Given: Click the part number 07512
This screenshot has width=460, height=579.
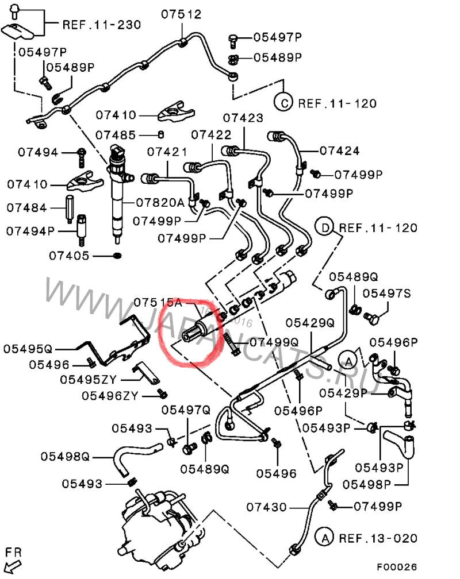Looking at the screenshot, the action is click(181, 14).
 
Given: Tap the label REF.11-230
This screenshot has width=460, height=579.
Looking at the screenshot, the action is click(102, 25).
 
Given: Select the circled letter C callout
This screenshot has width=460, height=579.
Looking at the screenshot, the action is click(283, 103).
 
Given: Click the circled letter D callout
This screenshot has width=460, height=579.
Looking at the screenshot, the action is click(325, 227).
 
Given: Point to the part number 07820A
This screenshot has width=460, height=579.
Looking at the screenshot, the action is click(160, 202).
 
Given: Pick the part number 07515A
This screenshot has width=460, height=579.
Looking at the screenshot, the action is click(158, 303).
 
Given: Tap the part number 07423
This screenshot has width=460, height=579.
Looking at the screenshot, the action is click(243, 118).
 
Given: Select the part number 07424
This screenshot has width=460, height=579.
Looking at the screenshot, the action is click(339, 150).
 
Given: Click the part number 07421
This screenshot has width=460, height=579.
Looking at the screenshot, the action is click(167, 152).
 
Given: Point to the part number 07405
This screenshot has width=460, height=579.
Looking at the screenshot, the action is click(69, 256).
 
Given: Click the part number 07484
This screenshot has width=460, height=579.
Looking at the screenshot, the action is click(27, 207).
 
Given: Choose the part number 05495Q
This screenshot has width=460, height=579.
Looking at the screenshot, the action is click(28, 349).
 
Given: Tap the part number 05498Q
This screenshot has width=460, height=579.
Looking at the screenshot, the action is click(65, 457).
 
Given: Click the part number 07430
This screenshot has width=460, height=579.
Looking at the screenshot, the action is click(267, 507).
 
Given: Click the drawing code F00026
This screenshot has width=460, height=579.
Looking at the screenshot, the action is click(397, 567).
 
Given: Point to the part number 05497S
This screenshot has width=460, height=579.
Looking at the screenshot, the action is click(387, 294).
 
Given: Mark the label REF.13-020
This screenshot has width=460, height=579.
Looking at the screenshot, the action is click(378, 538).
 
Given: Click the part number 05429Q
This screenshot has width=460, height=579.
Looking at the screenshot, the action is click(310, 323).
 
